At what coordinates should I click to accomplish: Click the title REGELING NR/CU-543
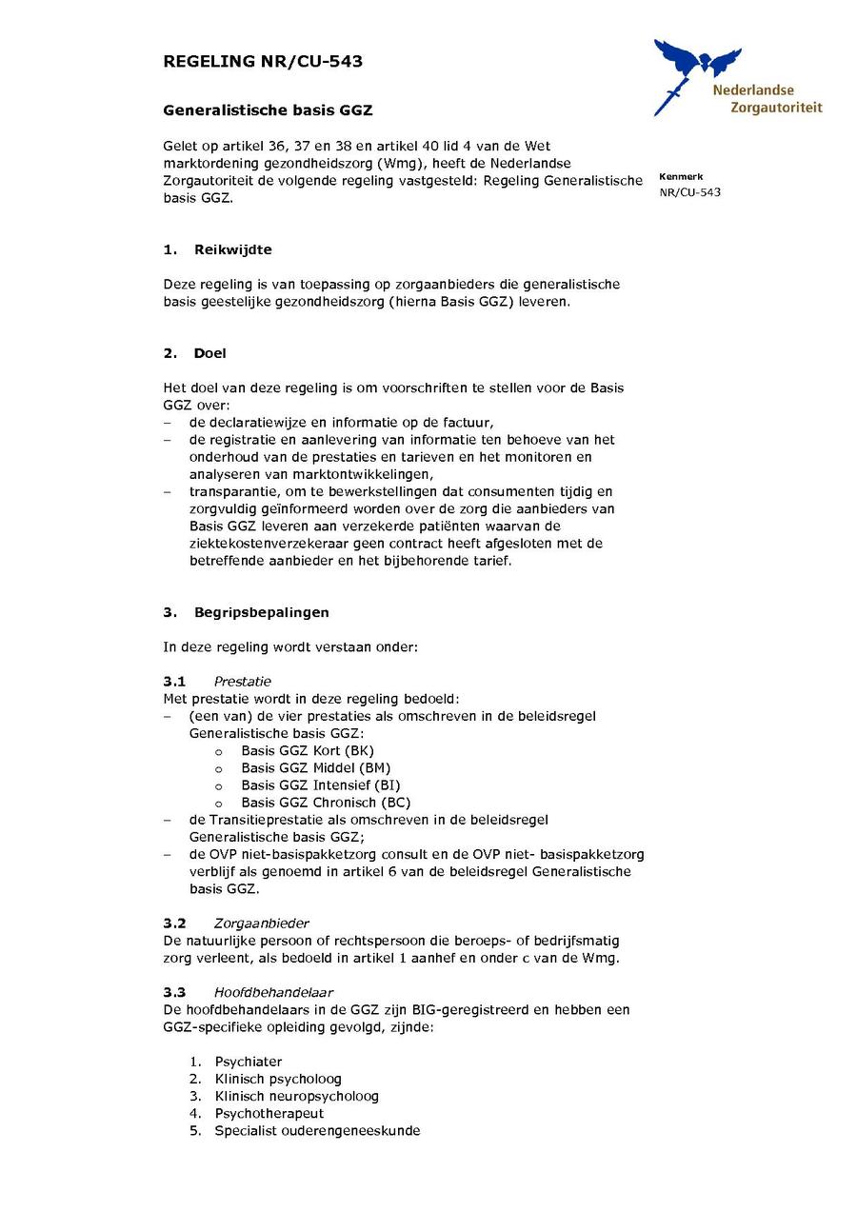[x=263, y=62]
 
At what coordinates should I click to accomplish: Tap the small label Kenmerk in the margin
[x=680, y=177]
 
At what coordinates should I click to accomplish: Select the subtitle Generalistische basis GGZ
[x=268, y=110]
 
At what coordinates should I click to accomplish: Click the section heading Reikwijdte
[x=232, y=249]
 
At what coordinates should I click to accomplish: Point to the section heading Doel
[x=209, y=353]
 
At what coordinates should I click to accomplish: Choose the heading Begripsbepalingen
[x=261, y=611]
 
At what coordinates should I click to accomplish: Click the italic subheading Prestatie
[x=242, y=681]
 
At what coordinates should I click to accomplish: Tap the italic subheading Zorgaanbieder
[x=261, y=924]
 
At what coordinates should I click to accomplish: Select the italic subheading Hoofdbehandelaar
[x=273, y=992]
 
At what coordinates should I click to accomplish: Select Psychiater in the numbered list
[x=248, y=1062]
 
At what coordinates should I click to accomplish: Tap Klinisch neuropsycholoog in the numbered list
[x=296, y=1096]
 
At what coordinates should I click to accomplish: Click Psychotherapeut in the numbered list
[x=269, y=1113]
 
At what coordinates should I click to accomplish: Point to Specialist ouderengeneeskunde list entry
[x=317, y=1131]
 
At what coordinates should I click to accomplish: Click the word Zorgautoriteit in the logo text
[x=775, y=108]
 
